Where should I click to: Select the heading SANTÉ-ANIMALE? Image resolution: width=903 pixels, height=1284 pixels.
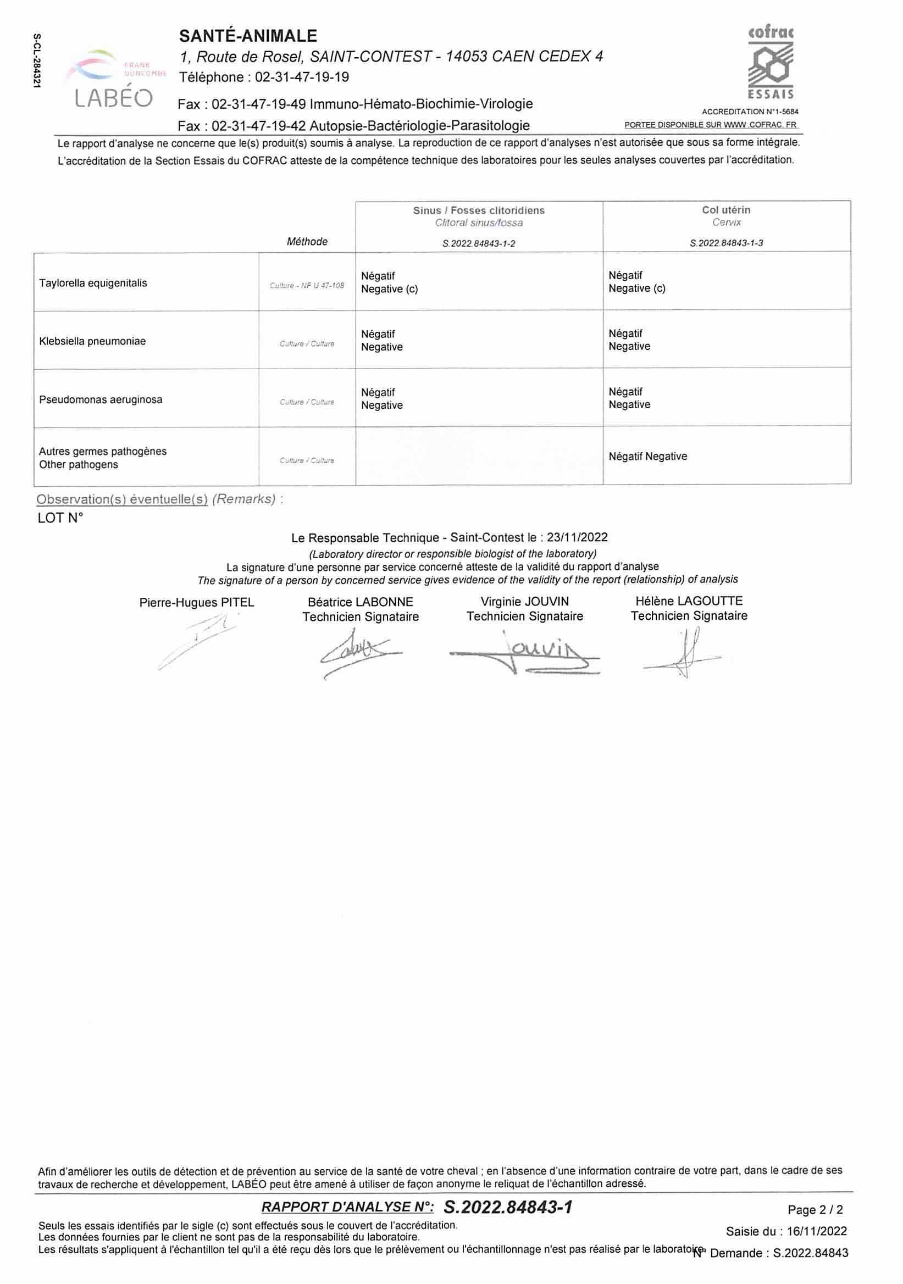click(x=248, y=36)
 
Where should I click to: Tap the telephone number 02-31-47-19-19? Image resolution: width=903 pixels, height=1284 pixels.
click(x=302, y=77)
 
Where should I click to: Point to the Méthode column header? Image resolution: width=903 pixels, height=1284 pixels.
click(x=307, y=242)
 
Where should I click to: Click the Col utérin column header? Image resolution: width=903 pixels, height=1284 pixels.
click(x=726, y=210)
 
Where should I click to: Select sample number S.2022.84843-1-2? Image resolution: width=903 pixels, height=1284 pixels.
click(x=478, y=243)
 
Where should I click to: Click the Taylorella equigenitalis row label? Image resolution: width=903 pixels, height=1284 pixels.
click(x=93, y=283)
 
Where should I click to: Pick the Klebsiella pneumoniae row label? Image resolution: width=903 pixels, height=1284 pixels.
click(x=92, y=341)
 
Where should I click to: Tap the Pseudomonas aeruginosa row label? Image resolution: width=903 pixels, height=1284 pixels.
click(x=101, y=400)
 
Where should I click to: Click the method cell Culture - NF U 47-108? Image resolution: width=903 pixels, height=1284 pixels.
click(x=307, y=286)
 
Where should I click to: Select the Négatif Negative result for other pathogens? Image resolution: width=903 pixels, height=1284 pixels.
click(x=648, y=457)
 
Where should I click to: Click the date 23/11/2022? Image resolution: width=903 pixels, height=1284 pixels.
click(x=578, y=537)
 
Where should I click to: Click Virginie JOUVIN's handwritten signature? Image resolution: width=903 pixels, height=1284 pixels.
click(x=524, y=653)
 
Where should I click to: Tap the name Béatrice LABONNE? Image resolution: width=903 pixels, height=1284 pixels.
click(x=361, y=602)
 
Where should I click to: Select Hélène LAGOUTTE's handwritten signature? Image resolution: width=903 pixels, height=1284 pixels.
click(x=683, y=653)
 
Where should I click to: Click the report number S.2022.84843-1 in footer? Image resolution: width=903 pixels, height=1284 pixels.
click(x=507, y=1208)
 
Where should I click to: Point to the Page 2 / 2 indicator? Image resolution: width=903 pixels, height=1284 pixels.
click(x=815, y=1210)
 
